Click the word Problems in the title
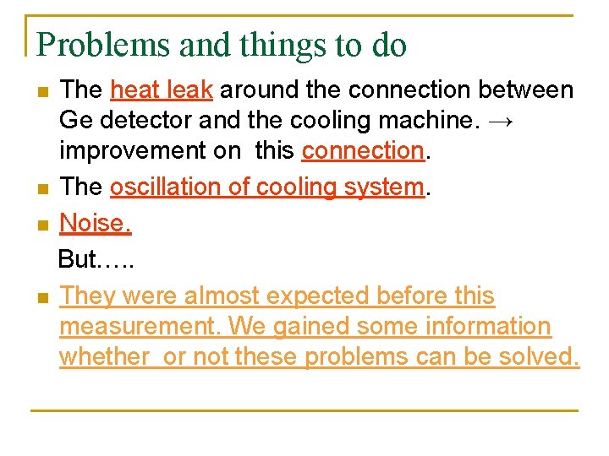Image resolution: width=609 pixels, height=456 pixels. point(101,45)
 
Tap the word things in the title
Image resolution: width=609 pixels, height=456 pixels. point(272,45)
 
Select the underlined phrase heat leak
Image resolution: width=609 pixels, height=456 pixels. point(162,90)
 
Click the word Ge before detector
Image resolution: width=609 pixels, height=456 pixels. point(74,121)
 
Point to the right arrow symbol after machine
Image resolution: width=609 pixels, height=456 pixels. point(500,121)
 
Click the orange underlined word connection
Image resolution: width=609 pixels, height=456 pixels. point(362,151)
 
